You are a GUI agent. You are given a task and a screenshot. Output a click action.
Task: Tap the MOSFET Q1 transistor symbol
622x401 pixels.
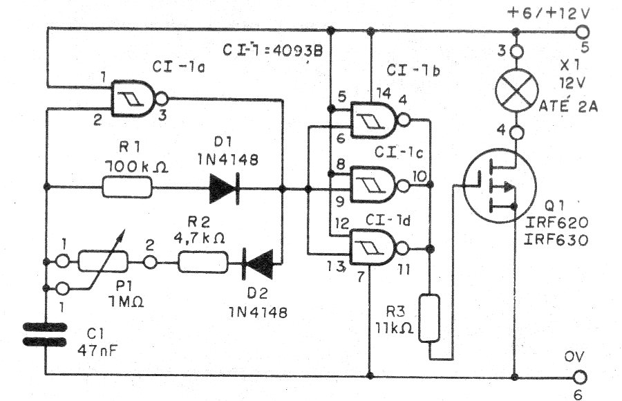click(500, 186)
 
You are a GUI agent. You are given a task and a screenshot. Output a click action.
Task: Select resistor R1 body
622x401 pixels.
click(127, 187)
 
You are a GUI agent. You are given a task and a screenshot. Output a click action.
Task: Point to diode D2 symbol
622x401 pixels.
click(258, 263)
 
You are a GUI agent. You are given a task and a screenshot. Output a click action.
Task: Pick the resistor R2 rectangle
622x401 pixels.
click(203, 262)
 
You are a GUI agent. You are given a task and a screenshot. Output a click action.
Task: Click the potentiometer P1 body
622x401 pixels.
click(103, 261)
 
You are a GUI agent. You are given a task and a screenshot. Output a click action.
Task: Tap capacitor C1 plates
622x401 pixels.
click(45, 335)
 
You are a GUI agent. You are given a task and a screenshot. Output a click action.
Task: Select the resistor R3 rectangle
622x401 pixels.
click(429, 318)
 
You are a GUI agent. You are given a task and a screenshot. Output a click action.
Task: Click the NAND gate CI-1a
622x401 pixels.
click(137, 98)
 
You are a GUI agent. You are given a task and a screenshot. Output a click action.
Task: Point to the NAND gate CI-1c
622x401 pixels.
click(377, 185)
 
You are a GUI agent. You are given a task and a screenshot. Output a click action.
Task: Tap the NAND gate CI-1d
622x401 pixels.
click(377, 248)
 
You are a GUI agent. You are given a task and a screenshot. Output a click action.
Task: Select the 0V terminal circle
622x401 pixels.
click(580, 377)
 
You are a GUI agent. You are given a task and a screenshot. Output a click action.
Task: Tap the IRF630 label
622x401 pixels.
click(556, 240)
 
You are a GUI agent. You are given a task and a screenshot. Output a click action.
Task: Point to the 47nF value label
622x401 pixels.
click(97, 350)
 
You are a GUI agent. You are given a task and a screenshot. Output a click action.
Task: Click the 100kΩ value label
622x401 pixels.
click(136, 167)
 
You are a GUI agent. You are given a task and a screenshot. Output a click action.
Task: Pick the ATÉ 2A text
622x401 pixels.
click(569, 106)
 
